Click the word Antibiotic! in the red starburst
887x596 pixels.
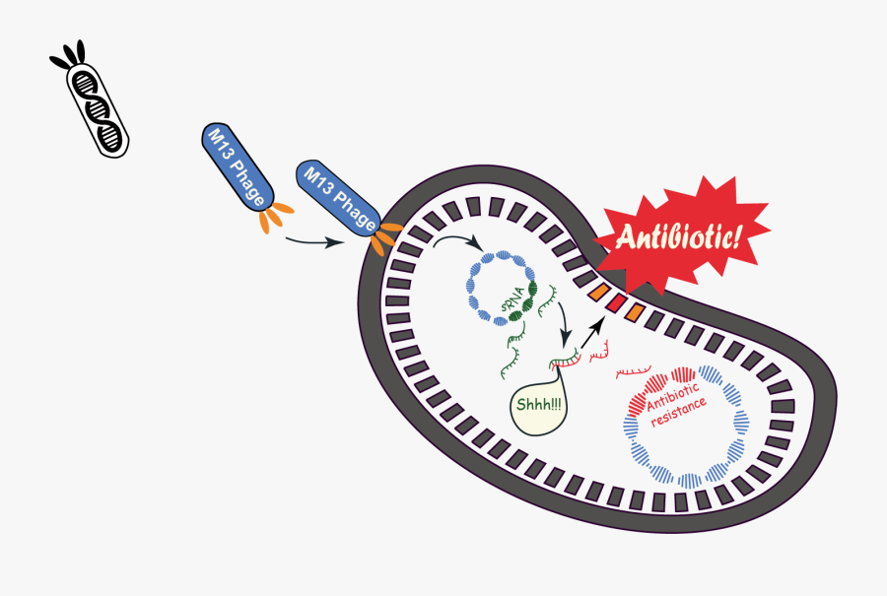click(680, 237)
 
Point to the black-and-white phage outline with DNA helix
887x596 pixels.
click(98, 108)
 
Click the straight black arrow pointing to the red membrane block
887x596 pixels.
click(591, 336)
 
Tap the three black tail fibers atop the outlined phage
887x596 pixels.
click(67, 57)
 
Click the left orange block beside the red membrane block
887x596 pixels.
click(596, 293)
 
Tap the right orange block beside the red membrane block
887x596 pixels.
click(636, 313)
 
